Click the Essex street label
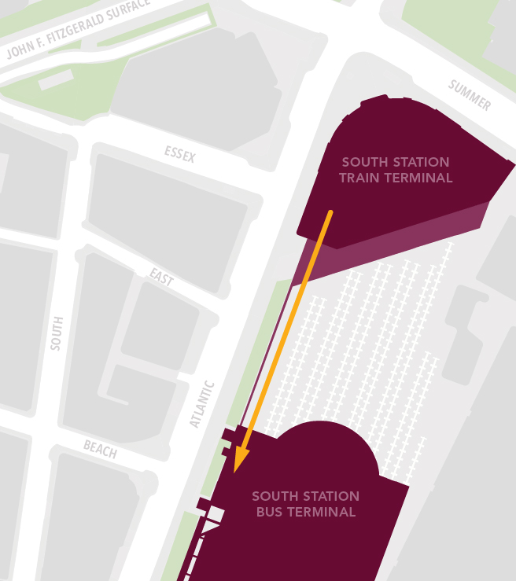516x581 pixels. point(180,155)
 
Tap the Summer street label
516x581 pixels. point(470,95)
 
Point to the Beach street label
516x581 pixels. point(100,449)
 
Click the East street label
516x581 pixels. point(161,277)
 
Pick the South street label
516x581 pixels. point(56,333)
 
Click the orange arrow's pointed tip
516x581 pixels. point(237,472)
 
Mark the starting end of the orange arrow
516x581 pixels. point(330,212)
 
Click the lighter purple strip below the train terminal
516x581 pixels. point(409,236)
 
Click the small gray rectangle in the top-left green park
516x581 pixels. point(55,79)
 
